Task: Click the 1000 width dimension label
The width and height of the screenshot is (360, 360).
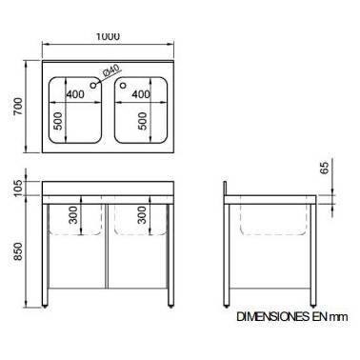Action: tap(108, 36)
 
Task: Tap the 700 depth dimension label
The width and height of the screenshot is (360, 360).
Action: tap(18, 107)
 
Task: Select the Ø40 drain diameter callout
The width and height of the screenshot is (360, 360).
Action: tap(110, 70)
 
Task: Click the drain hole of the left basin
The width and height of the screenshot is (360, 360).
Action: tap(93, 85)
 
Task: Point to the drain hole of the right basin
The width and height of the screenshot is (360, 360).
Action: tap(123, 85)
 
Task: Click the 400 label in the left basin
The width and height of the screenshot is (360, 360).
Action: tap(75, 94)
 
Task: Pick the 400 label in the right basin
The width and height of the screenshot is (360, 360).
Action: tap(141, 94)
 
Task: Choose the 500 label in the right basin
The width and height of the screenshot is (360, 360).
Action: tap(143, 121)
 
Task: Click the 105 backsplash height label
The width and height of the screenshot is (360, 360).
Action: tap(18, 188)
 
